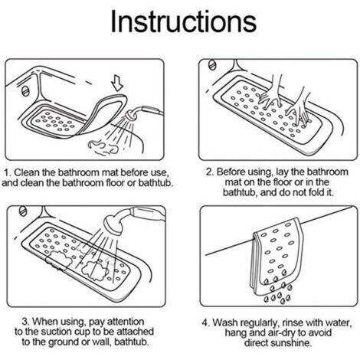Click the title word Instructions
click(x=183, y=21)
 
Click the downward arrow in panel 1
click(x=118, y=83)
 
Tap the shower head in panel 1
click(x=131, y=116)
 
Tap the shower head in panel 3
click(x=113, y=224)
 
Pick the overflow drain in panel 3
click(x=23, y=211)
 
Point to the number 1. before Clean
click(x=8, y=172)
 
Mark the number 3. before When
click(x=26, y=322)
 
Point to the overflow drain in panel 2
click(x=212, y=64)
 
